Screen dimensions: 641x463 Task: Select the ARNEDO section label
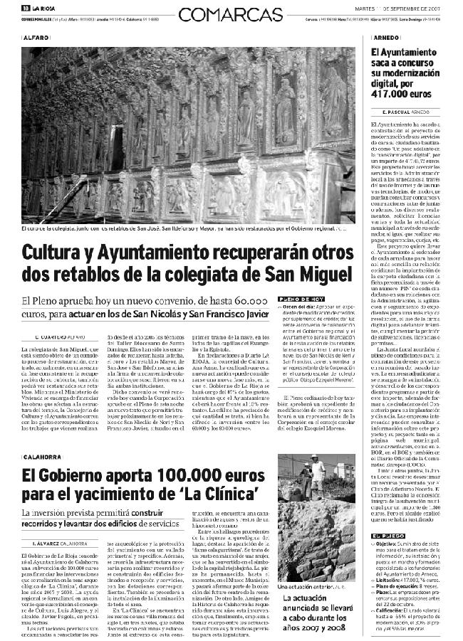pos(387,35)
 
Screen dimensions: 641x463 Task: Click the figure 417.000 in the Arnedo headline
pos(398,92)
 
